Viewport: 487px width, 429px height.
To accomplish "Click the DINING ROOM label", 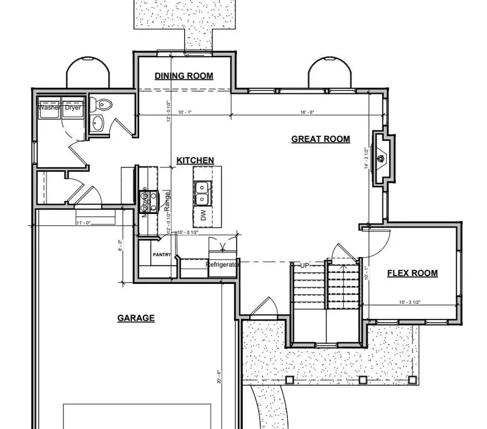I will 184,76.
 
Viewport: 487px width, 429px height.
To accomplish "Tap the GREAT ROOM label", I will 320,139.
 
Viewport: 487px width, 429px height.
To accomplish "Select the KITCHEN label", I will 195,161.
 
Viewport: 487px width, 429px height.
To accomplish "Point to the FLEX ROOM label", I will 412,273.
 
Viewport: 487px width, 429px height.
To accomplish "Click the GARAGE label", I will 136,318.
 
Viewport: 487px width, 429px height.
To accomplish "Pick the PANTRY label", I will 162,255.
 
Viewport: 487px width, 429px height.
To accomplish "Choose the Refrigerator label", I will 222,265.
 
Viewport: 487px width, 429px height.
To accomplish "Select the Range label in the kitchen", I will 167,201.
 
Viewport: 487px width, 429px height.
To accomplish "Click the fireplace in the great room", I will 382,159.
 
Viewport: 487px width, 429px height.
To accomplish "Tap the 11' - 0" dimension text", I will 84,223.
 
